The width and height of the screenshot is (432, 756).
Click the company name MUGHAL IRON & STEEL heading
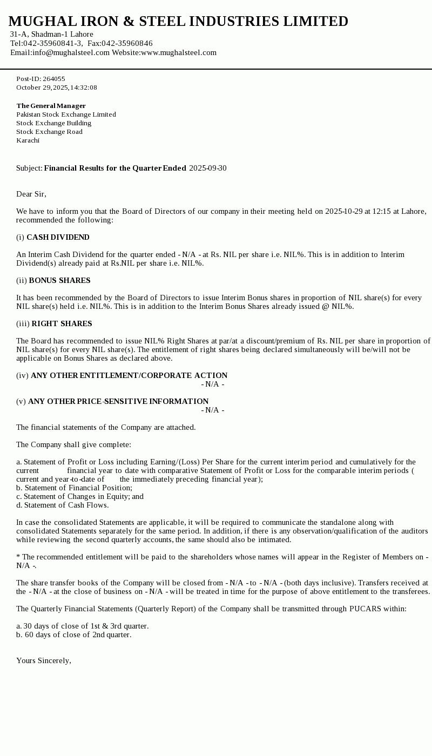178,22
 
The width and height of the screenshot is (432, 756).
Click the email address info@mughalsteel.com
71,52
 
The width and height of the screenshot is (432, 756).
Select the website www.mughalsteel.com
179,52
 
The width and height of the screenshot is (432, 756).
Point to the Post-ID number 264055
53,79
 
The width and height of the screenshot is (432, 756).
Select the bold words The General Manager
51,106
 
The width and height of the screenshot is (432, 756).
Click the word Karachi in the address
28,140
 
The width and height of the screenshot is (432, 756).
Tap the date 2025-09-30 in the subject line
208,168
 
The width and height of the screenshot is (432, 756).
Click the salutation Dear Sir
31,194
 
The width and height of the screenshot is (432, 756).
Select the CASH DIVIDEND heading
58,237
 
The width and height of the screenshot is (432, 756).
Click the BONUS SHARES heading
59,280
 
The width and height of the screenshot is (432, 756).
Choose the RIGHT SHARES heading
62,323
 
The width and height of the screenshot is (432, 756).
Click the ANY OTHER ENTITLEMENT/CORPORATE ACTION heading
129,375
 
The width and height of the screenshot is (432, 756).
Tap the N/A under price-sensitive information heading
213,410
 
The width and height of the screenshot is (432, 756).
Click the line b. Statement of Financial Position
74,488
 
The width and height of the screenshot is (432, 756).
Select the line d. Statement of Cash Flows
62,505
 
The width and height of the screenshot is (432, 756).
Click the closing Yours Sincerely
44,660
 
